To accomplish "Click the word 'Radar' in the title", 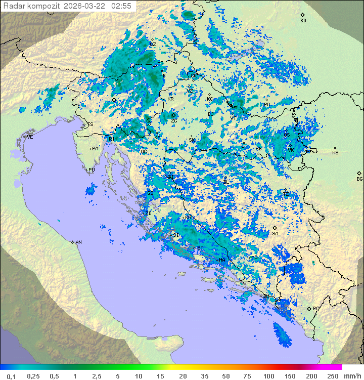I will pyautogui.click(x=14, y=6).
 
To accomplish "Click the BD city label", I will pyautogui.click(x=303, y=21).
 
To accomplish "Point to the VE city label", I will pyautogui.click(x=30, y=137).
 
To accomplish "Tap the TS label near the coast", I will pyautogui.click(x=90, y=124).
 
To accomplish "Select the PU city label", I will pyautogui.click(x=92, y=170).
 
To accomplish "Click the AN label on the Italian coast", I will pyautogui.click(x=78, y=242).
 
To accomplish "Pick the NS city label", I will pyautogui.click(x=335, y=152).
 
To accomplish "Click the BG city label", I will pyautogui.click(x=359, y=179).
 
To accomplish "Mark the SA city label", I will pyautogui.click(x=275, y=234).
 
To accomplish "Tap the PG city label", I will pyautogui.click(x=316, y=308).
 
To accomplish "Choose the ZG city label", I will pyautogui.click(x=174, y=121).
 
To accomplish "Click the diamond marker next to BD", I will pyautogui.click(x=302, y=15).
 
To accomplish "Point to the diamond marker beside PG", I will pyautogui.click(x=309, y=308).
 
